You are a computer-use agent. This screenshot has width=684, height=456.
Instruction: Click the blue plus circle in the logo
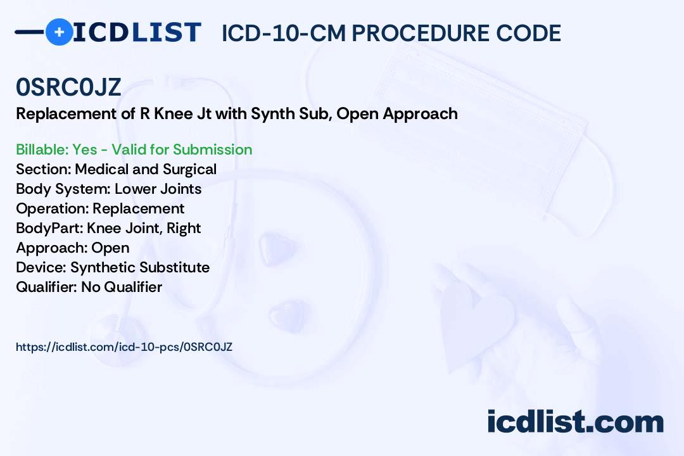59,32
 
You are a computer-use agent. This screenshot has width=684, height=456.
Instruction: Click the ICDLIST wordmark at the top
137,32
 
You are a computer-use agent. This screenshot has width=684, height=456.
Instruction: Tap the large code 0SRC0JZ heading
68,87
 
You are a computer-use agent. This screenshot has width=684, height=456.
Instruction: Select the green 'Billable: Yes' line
134,149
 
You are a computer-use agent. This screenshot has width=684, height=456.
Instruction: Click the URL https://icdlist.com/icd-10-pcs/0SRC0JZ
124,347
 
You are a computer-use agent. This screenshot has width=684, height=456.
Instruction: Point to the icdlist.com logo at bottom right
575,422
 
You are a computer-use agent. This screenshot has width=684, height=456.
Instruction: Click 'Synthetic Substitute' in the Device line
140,267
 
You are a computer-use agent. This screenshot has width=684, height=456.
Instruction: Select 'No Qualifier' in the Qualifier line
122,287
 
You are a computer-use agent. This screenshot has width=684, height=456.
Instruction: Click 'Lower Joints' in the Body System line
158,189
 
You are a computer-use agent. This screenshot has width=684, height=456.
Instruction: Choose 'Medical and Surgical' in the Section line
146,169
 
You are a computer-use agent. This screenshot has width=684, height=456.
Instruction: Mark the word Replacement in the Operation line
139,208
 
